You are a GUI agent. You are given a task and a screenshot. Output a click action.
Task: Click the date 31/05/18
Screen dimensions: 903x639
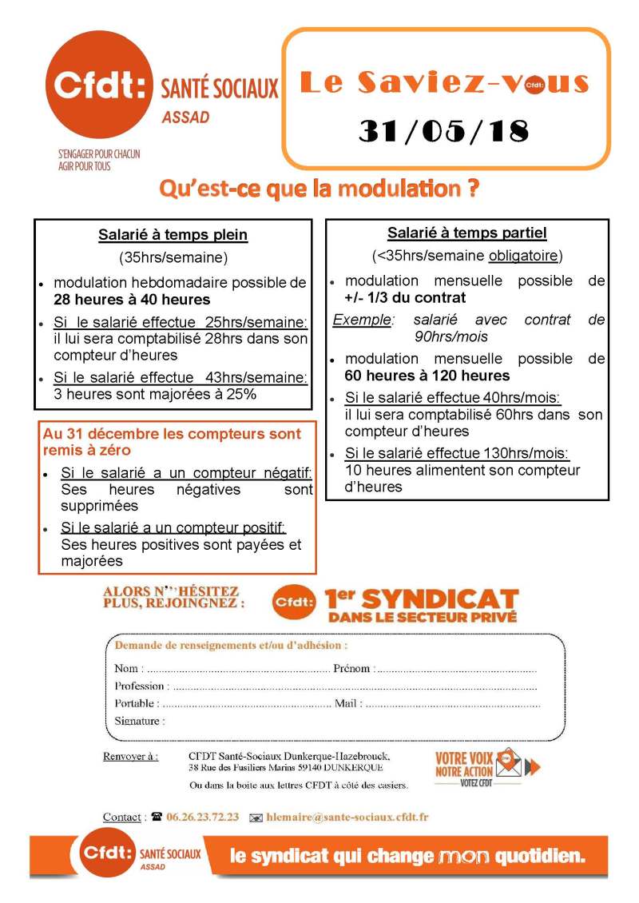443,131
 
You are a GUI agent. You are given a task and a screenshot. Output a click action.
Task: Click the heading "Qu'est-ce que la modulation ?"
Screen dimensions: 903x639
319,189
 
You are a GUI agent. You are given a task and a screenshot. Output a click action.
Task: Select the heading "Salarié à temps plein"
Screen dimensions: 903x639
173,235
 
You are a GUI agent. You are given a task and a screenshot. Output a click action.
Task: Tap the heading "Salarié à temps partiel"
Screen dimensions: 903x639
466,233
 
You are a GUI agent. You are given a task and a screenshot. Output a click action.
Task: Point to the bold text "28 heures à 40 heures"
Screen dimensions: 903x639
132,300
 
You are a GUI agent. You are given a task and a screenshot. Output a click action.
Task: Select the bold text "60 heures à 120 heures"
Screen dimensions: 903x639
427,376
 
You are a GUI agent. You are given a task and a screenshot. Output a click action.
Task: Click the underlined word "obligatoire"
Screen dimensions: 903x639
523,257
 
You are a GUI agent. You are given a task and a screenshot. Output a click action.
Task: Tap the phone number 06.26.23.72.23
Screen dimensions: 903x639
202,817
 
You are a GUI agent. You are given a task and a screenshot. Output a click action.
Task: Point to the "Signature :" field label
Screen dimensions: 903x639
140,721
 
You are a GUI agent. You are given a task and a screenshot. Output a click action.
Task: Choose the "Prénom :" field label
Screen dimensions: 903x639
352,669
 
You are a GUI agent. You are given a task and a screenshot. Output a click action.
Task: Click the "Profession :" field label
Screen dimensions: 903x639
141,686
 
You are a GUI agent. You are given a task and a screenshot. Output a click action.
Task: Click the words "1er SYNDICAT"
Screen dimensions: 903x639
421,599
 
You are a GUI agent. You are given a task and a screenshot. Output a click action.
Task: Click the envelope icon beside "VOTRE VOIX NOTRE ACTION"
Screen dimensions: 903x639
508,764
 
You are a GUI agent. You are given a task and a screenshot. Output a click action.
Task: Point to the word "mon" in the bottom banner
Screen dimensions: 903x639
464,857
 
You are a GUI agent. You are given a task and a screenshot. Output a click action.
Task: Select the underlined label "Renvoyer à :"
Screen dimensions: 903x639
130,756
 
